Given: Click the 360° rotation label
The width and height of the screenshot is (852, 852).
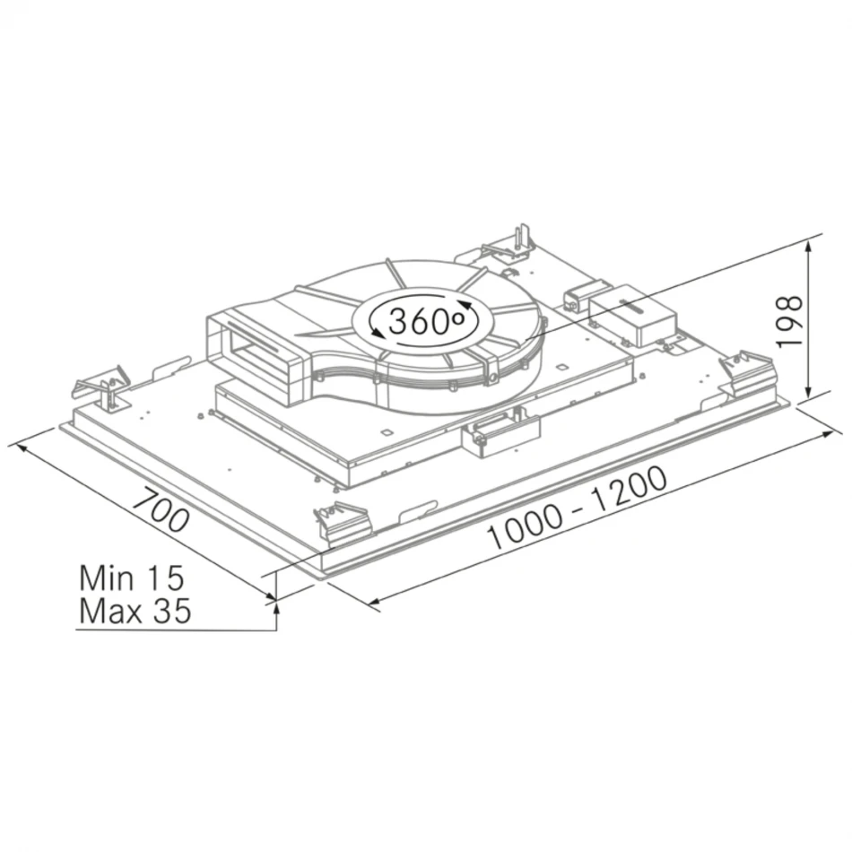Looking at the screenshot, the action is (x=427, y=321).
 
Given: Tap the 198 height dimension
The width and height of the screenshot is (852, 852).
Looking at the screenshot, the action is (x=789, y=321).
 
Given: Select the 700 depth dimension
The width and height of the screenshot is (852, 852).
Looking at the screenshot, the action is (x=161, y=510).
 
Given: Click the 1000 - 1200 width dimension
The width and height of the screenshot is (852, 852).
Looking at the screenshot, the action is (x=577, y=508).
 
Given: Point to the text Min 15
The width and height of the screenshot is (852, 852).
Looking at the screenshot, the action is (x=132, y=578).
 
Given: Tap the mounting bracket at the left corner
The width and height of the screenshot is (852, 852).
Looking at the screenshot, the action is (x=103, y=389).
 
